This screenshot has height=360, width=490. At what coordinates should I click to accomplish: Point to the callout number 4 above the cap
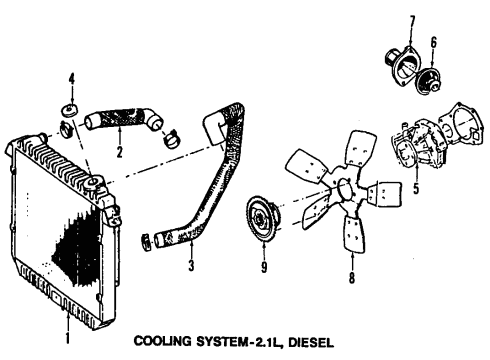click(71, 79)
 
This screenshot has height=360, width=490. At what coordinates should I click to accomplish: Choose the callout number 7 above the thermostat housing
click(410, 21)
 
